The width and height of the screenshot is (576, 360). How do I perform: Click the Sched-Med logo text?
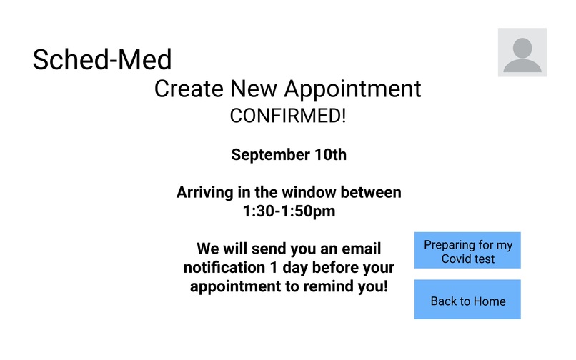click(102, 60)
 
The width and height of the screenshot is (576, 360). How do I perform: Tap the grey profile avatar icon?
click(522, 52)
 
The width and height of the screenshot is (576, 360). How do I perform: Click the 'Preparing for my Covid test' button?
click(467, 251)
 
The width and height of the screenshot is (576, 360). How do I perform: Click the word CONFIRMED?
click(287, 116)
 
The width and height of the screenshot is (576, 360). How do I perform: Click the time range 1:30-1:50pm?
click(289, 211)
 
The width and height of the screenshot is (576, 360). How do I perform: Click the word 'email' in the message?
click(359, 249)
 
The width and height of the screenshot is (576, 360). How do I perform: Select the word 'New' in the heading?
click(253, 89)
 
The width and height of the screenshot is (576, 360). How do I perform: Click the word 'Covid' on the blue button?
click(457, 259)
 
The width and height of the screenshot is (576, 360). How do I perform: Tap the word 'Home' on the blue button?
click(488, 301)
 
